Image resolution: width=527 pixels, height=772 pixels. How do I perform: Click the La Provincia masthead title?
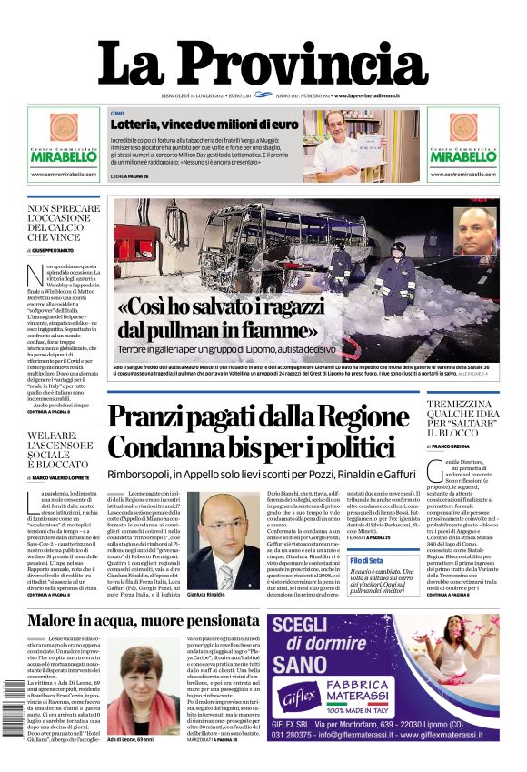[263, 66]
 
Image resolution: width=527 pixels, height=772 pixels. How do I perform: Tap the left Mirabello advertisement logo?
[63, 142]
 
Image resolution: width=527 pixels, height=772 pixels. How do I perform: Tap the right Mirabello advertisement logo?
[463, 142]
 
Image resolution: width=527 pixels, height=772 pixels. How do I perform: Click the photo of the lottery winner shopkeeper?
[376, 145]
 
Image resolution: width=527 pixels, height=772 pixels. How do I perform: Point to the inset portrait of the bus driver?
[476, 231]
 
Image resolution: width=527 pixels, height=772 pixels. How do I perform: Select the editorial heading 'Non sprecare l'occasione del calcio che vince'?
[64, 223]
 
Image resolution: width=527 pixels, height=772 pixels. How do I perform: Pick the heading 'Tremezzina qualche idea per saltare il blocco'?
[462, 421]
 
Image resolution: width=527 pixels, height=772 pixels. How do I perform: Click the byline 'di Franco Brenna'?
[458, 446]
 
